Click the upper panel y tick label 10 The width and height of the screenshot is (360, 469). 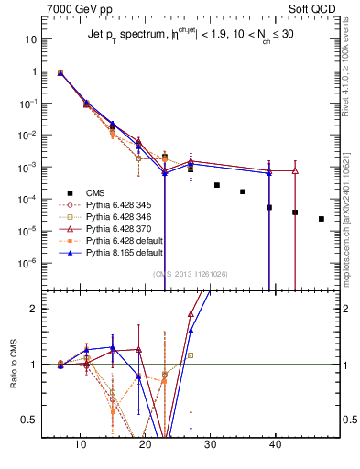[x=31, y=40]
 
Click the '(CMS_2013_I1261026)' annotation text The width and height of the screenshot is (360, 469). [x=192, y=274]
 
